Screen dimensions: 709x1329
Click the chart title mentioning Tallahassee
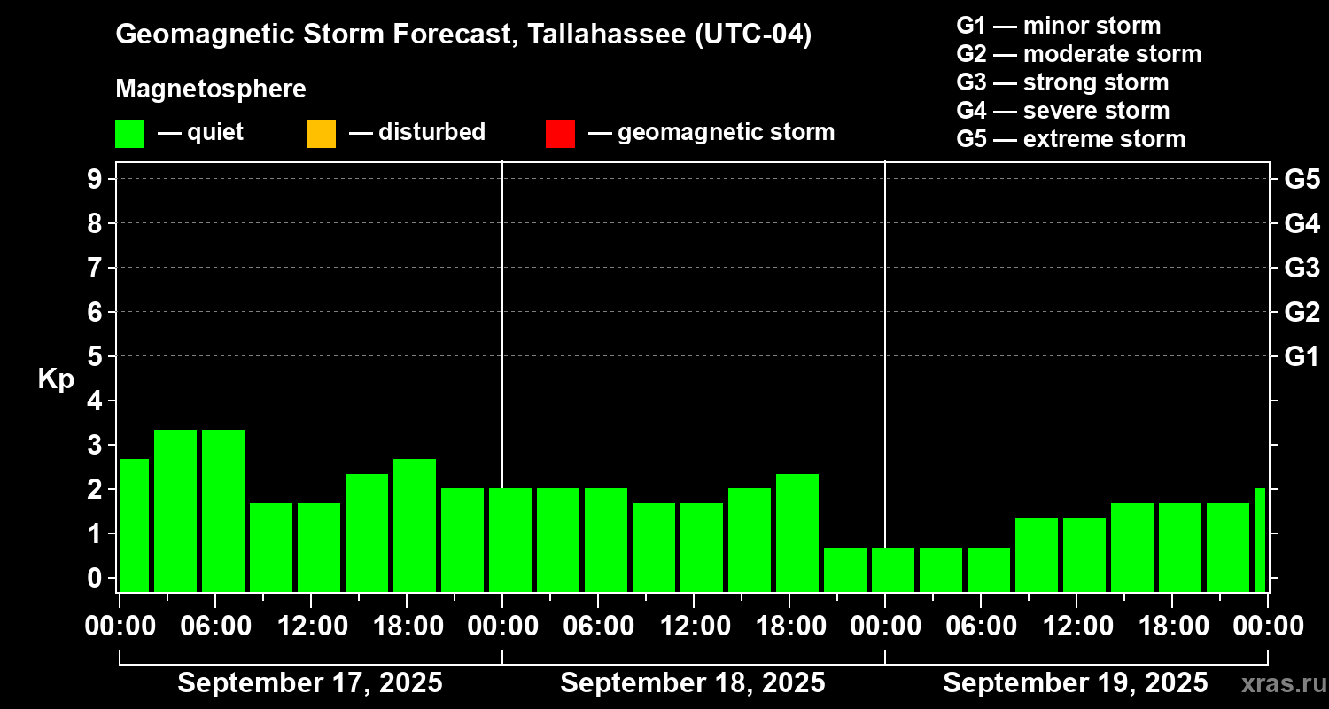(463, 35)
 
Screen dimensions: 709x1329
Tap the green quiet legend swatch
(129, 134)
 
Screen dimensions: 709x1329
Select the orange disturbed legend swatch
(321, 134)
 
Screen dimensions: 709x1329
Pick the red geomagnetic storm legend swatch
(560, 134)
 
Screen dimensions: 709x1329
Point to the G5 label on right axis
(1302, 180)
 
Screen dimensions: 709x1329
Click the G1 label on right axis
(1302, 357)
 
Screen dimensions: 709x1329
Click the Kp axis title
(56, 379)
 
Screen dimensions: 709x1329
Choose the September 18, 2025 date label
(693, 683)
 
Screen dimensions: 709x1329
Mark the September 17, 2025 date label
(310, 683)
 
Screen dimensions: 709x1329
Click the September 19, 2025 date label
(1075, 683)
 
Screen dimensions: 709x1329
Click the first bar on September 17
(135, 525)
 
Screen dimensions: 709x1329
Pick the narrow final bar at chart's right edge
(1260, 540)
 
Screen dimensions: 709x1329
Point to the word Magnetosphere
(211, 90)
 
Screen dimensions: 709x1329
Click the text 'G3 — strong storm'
(1062, 82)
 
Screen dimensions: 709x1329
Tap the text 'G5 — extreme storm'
(1070, 139)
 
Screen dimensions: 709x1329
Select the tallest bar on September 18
(797, 533)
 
